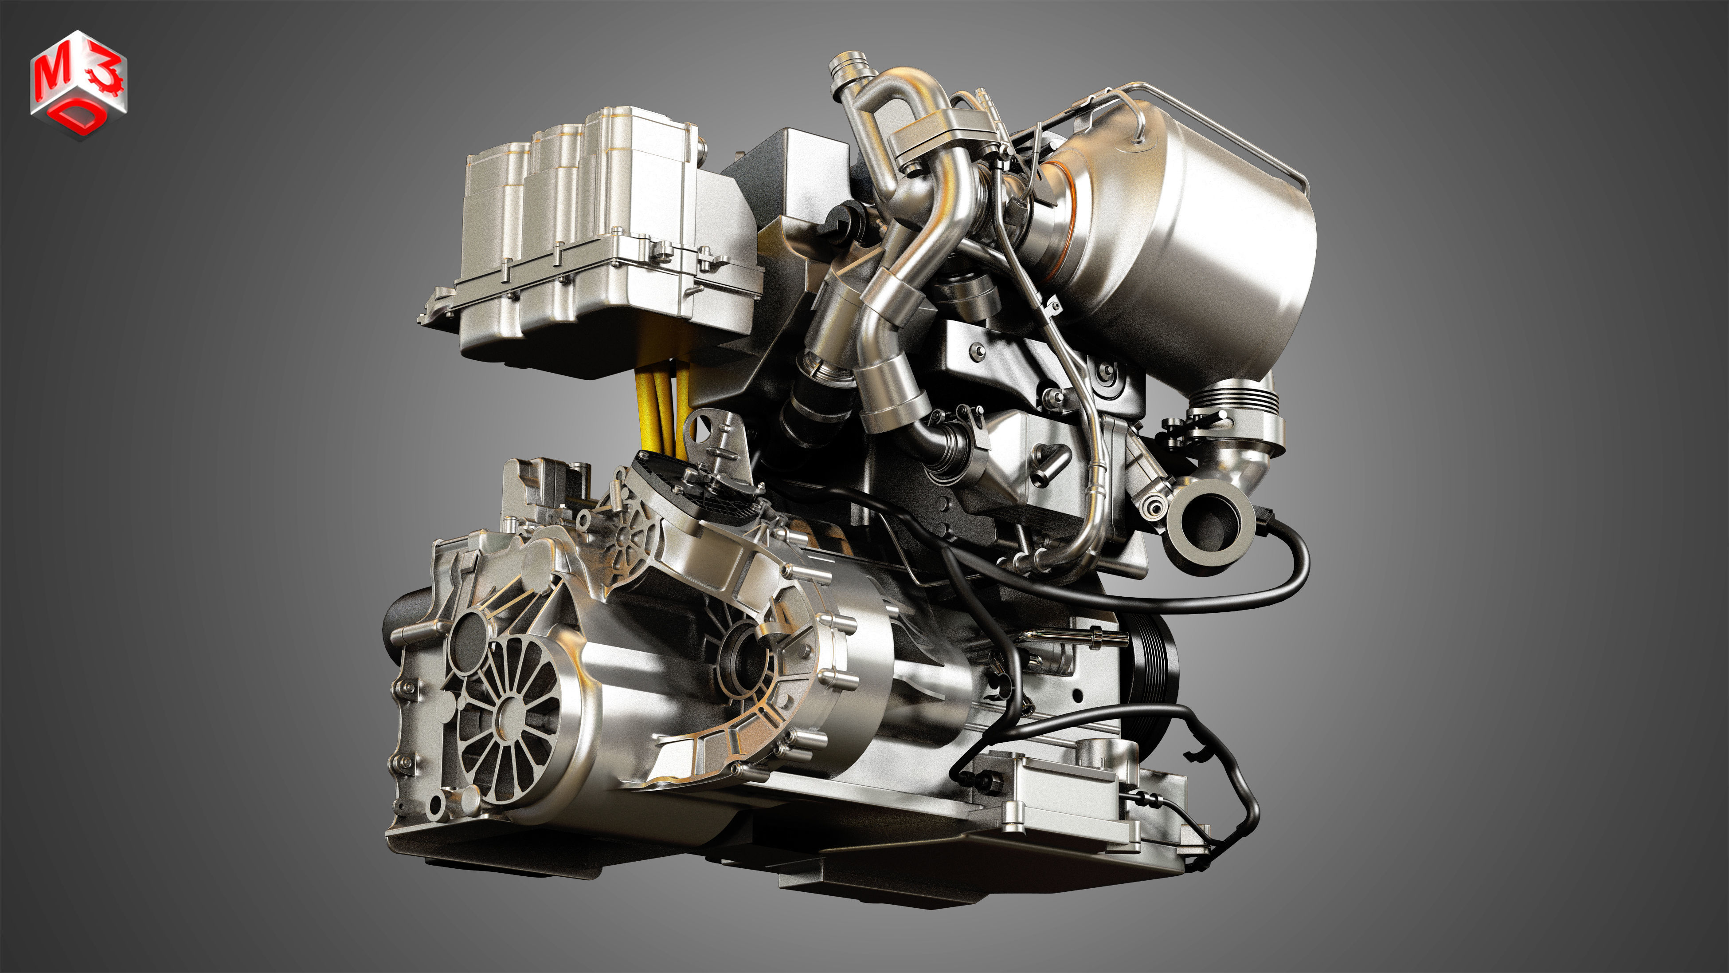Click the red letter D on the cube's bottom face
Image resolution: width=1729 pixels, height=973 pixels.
coord(80,119)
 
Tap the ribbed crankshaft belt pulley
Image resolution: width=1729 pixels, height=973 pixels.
coord(1156,668)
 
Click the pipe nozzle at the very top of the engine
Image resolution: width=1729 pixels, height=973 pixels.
coord(843,67)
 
